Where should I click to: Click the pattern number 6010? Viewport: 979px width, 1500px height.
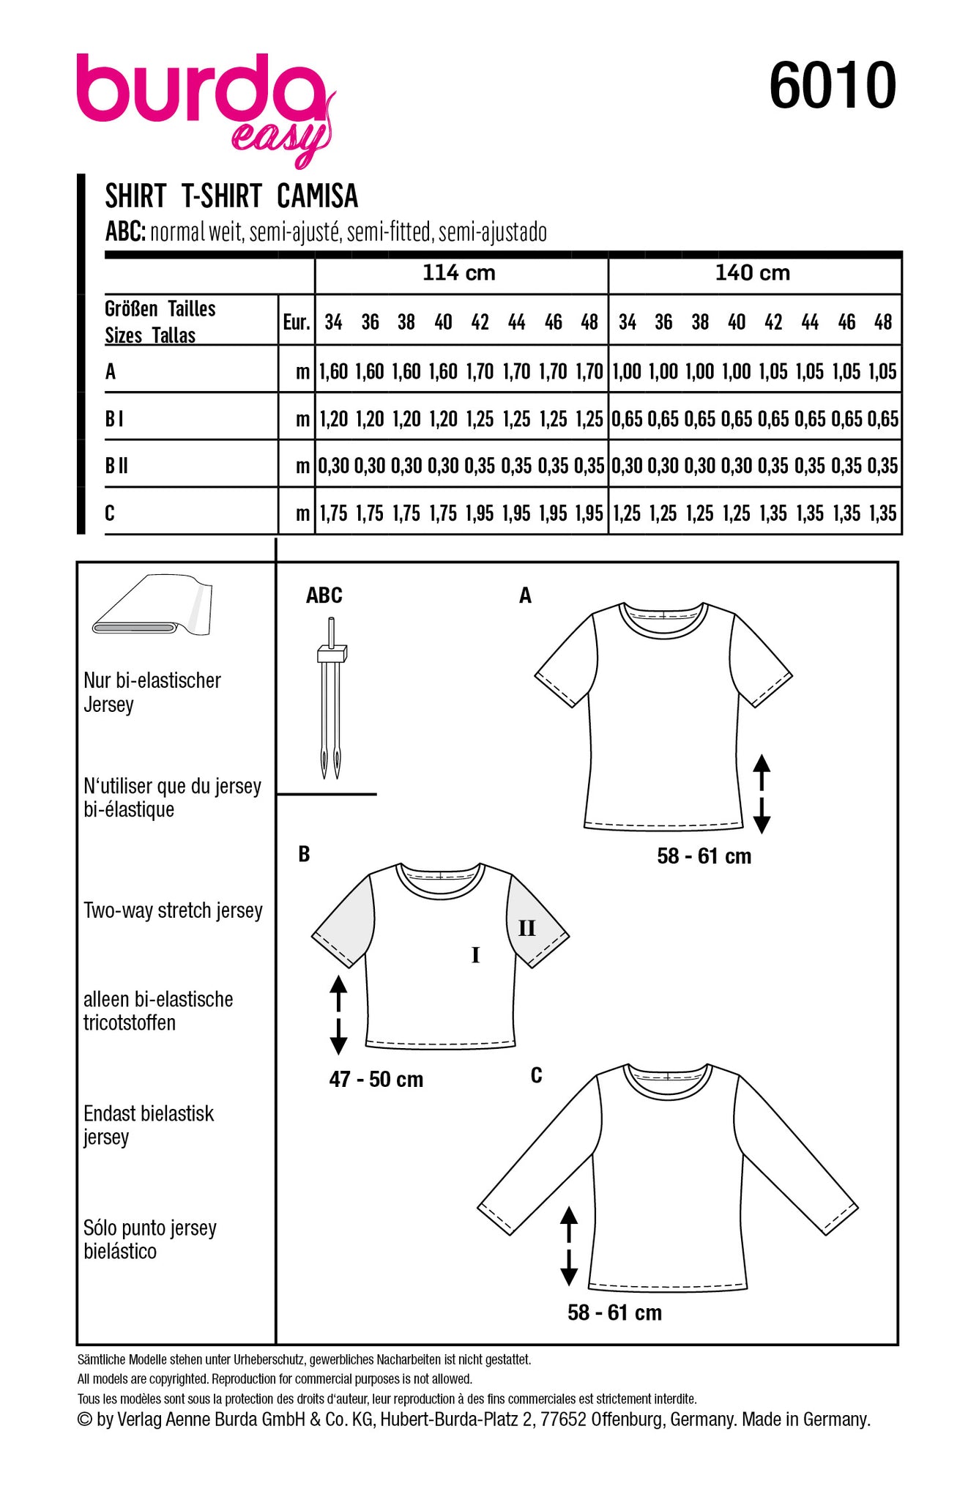832,86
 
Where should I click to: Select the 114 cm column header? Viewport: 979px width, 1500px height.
459,273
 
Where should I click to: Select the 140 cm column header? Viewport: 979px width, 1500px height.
753,273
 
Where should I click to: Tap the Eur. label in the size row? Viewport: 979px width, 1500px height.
297,322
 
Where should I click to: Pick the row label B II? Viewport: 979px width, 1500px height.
116,466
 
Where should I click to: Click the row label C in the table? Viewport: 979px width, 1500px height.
110,513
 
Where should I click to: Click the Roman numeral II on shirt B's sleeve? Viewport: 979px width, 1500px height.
527,929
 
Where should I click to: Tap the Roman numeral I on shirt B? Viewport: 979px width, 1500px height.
476,955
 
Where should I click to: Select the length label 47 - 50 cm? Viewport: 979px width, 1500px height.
376,1080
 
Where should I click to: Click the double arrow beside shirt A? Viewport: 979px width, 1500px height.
762,794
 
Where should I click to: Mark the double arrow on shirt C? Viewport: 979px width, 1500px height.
569,1247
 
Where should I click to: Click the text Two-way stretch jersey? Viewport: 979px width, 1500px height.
173,910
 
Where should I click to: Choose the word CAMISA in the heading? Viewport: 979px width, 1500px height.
317,196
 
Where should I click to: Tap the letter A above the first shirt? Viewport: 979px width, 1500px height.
525,596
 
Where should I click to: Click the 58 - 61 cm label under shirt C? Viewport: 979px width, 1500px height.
614,1312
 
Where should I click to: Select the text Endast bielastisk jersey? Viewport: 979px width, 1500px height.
149,1125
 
